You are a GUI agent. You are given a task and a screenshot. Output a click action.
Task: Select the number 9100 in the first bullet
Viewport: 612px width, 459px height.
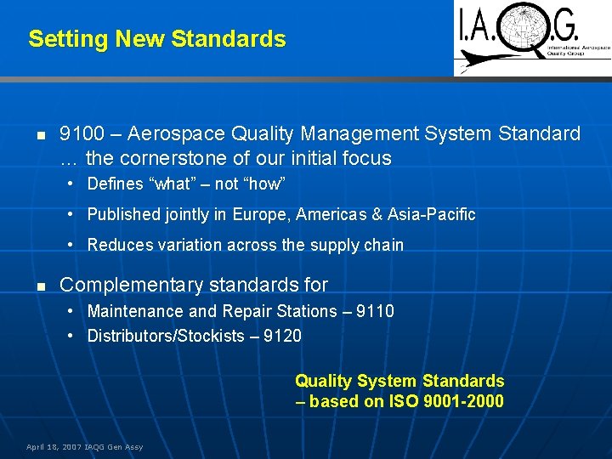pos(82,134)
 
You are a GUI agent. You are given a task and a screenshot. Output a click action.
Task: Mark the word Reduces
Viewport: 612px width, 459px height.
pos(117,245)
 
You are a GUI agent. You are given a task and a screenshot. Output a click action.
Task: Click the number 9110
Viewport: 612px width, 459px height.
pos(375,311)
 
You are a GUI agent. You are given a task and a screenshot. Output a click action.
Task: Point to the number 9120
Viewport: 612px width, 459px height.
pos(282,336)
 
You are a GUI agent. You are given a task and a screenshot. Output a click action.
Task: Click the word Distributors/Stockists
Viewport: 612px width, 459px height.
pos(166,336)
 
